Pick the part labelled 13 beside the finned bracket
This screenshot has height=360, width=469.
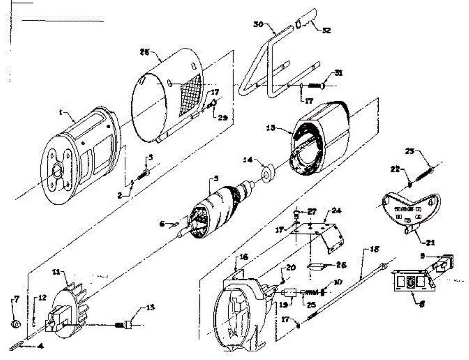coord(128,324)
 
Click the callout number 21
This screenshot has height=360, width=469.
coord(430,242)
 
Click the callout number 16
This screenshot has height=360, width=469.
coord(244,257)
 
